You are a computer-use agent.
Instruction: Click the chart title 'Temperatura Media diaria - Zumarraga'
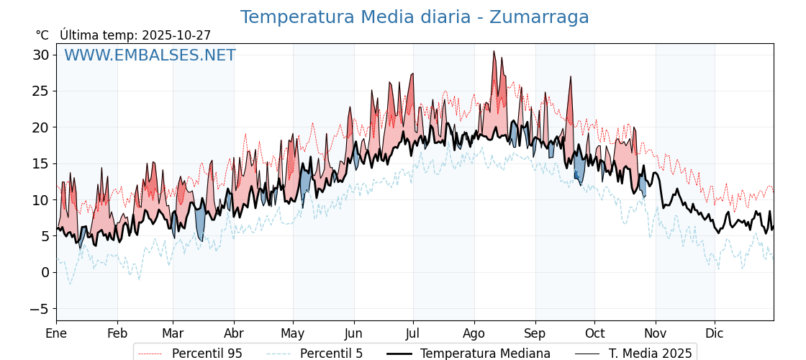click(415, 17)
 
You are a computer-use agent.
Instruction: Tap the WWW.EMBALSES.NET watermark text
click(150, 55)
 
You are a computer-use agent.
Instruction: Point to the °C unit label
click(42, 35)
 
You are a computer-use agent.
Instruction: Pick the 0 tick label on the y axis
click(45, 272)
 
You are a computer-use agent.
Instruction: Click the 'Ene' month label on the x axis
click(56, 333)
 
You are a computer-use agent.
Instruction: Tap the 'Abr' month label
click(233, 333)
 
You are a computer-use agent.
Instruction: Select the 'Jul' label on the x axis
click(413, 333)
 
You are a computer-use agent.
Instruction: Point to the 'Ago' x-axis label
click(474, 333)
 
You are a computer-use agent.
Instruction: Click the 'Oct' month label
click(594, 333)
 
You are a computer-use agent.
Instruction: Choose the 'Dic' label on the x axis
click(715, 333)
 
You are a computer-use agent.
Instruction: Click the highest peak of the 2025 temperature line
click(494, 51)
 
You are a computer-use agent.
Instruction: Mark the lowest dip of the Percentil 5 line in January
click(70, 284)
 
